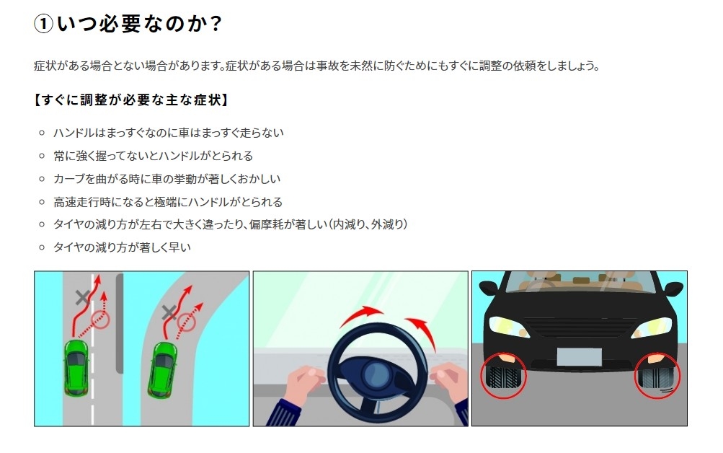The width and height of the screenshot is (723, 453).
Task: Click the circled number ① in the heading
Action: [44, 24]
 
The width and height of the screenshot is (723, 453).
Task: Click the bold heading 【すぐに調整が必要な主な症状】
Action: [131, 100]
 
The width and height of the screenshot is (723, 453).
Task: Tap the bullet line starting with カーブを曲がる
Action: [167, 179]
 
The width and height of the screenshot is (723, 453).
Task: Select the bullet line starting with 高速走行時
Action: [168, 202]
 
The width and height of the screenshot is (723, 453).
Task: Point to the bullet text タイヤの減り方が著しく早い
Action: [123, 247]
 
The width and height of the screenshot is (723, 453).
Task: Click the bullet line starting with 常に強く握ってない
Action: [153, 156]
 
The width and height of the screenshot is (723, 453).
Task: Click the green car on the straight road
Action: [76, 368]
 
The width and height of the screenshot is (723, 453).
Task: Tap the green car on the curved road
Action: [162, 370]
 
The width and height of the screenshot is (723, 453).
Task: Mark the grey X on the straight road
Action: [83, 297]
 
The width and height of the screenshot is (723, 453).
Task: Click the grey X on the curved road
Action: [169, 312]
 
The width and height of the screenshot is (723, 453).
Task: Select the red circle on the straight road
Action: [100, 320]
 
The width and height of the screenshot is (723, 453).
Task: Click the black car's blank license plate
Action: [579, 357]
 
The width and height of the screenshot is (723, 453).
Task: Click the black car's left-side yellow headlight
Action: [509, 327]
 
